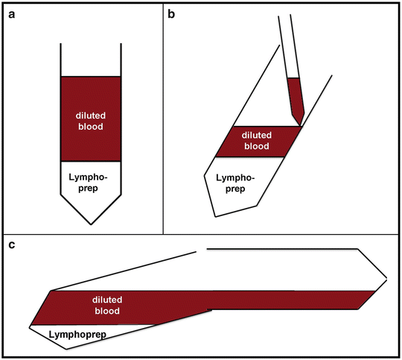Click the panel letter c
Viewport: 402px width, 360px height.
(x=12, y=246)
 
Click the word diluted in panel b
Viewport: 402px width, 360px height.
(x=257, y=135)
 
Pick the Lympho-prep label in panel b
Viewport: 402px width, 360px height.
(x=233, y=183)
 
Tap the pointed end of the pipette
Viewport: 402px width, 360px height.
(x=299, y=124)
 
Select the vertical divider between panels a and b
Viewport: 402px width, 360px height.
(x=162, y=119)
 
